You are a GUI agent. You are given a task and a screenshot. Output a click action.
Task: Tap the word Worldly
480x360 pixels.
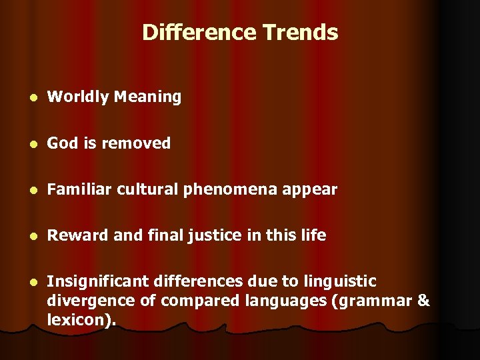(78, 97)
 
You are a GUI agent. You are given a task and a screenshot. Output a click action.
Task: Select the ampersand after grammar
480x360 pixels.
(423, 301)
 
